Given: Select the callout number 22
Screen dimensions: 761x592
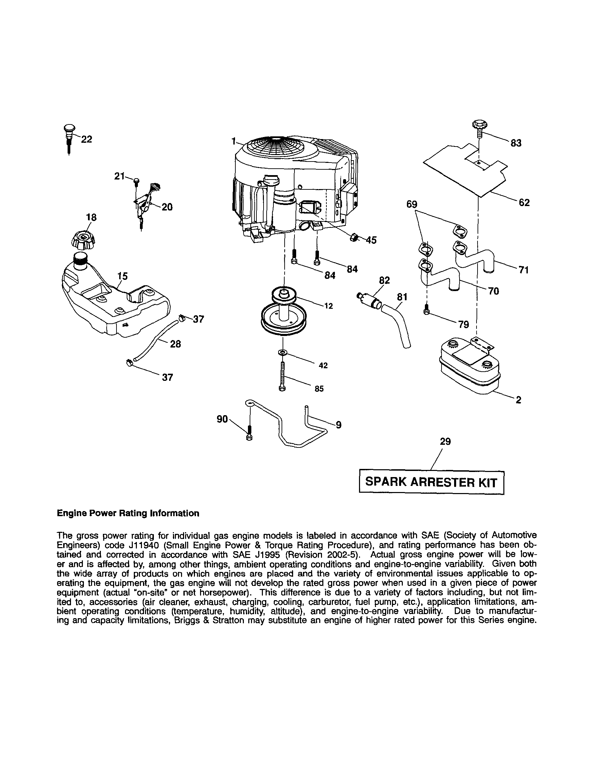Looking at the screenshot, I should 86,139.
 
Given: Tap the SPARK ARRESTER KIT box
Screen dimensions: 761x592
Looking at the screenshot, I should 431,482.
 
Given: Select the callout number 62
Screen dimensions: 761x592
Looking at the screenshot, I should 524,203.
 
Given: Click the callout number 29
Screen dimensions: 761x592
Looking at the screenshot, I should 445,441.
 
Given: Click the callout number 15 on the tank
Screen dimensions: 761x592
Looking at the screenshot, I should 122,276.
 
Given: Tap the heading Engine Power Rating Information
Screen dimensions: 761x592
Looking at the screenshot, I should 128,513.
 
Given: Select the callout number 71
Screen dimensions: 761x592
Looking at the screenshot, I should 523,270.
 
